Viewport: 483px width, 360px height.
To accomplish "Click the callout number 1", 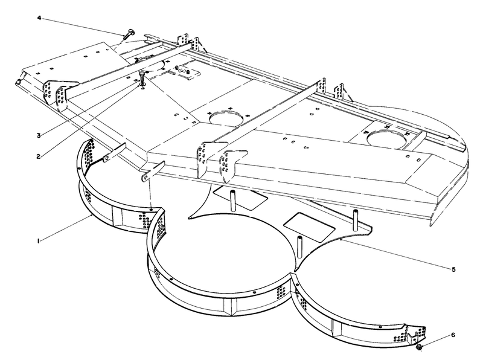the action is pos(38,241).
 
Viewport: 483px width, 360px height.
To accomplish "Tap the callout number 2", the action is pos(38,156).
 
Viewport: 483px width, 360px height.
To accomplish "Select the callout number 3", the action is pos(39,135).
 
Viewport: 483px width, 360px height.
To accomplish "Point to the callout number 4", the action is pos(39,18).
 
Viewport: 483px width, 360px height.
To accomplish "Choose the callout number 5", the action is pos(454,269).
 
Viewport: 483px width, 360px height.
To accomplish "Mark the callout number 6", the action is pos(453,335).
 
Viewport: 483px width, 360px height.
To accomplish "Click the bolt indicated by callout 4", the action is pos(129,34).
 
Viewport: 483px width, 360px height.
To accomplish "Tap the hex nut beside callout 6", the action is pos(419,347).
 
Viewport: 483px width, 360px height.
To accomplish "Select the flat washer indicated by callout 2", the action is pos(142,83).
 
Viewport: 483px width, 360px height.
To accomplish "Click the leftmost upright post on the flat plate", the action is pos(233,201).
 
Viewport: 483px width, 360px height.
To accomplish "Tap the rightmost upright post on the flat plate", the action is pos(356,220).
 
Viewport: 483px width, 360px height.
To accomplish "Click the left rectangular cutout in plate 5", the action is pos(240,198).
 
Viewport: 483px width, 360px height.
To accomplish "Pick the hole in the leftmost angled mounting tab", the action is pos(107,158).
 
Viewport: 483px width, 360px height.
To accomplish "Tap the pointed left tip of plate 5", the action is pos(189,217).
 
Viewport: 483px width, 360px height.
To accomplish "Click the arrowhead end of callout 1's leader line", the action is pos(92,216).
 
